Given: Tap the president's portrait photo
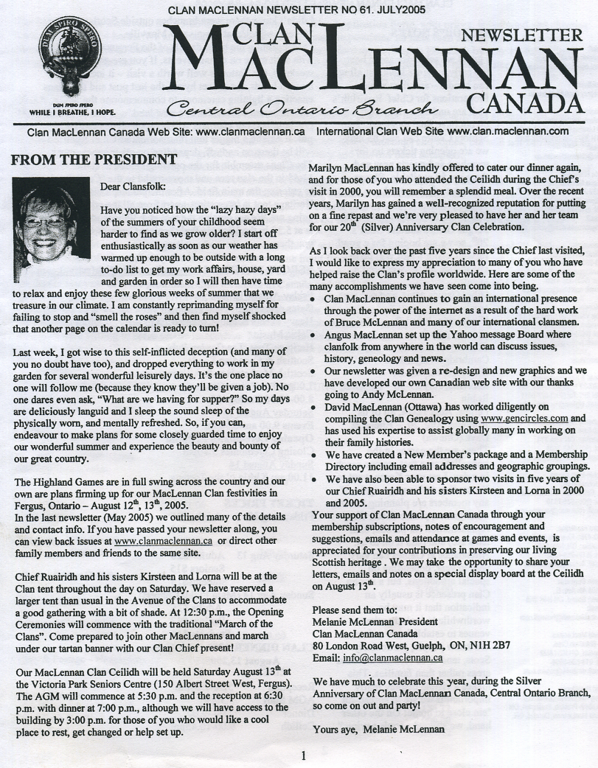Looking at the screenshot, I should point(51,212).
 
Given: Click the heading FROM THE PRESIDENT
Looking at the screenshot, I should point(94,160).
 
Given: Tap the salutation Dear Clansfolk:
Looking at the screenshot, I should point(133,186).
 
